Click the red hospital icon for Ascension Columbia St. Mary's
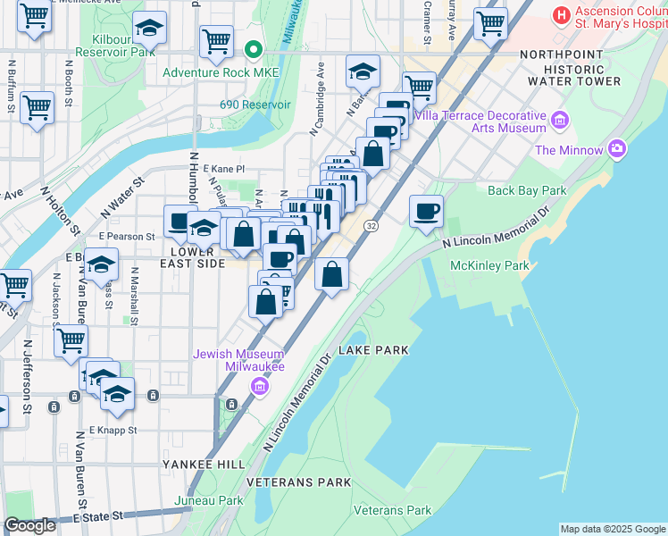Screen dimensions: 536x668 click(561, 14)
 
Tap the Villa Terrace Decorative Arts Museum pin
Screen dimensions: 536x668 click(561, 120)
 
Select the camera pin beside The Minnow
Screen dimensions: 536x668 click(616, 147)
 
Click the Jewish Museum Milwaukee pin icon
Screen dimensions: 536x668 click(259, 386)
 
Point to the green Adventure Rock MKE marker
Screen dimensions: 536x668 click(254, 50)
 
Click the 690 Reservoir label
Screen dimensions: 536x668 click(255, 105)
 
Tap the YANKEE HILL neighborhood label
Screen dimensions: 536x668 click(203, 465)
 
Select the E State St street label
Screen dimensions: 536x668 click(103, 516)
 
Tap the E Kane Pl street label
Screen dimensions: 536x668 click(223, 168)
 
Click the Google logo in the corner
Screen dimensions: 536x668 click(29, 525)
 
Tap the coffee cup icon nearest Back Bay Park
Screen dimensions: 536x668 click(426, 212)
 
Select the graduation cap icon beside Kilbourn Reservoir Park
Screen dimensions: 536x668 click(149, 29)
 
